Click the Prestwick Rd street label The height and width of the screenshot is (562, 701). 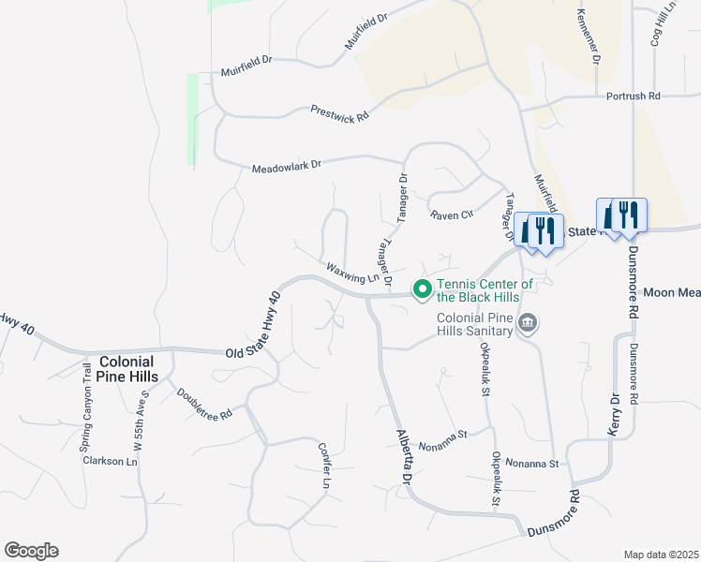tap(339, 111)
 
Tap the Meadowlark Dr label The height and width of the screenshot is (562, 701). tap(286, 167)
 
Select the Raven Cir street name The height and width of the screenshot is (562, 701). tap(452, 214)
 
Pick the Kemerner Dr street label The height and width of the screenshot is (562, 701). tap(589, 37)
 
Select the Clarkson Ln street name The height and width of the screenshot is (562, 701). tap(110, 461)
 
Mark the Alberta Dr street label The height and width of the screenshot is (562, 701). tap(404, 457)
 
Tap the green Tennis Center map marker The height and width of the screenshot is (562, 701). tap(423, 289)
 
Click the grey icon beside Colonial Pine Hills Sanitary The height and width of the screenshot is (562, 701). tap(528, 324)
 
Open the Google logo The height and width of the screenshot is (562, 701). tap(31, 551)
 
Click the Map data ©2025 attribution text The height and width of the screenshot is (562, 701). tap(661, 555)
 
